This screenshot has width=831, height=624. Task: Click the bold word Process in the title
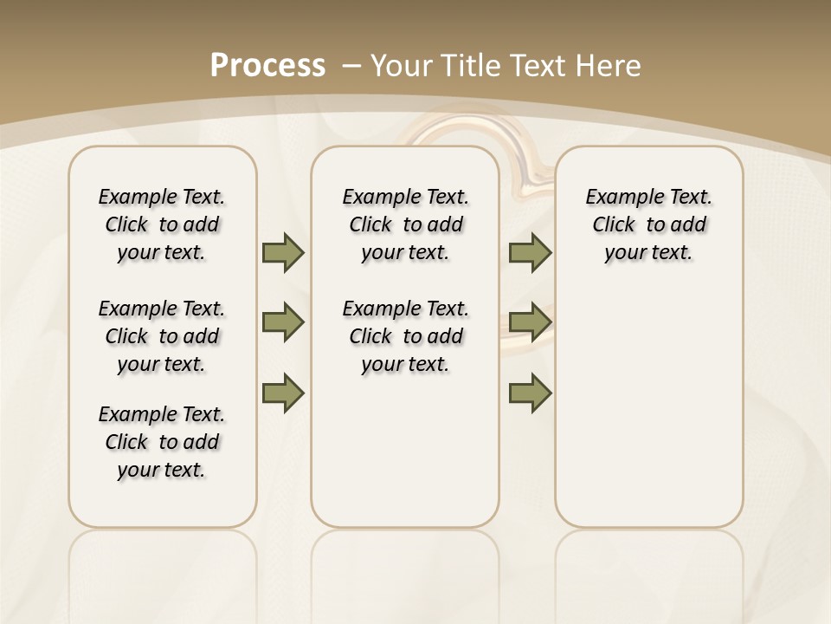(x=267, y=65)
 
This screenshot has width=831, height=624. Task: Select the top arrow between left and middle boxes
(x=283, y=252)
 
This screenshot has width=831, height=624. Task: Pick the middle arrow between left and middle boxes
(x=283, y=322)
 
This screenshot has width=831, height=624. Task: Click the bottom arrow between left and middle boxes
(x=283, y=393)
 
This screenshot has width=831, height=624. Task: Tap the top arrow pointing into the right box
(x=530, y=252)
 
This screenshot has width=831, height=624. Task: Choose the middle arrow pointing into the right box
(x=530, y=322)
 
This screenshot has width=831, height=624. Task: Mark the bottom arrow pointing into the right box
(x=530, y=393)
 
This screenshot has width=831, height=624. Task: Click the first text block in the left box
(x=162, y=224)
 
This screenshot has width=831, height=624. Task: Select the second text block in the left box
(x=162, y=336)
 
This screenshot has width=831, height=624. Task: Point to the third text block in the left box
(x=162, y=442)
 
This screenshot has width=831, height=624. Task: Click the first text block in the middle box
(x=405, y=224)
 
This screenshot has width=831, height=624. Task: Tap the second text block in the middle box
(x=405, y=336)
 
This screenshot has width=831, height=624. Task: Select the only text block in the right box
(x=648, y=224)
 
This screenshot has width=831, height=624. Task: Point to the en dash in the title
(x=351, y=65)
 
